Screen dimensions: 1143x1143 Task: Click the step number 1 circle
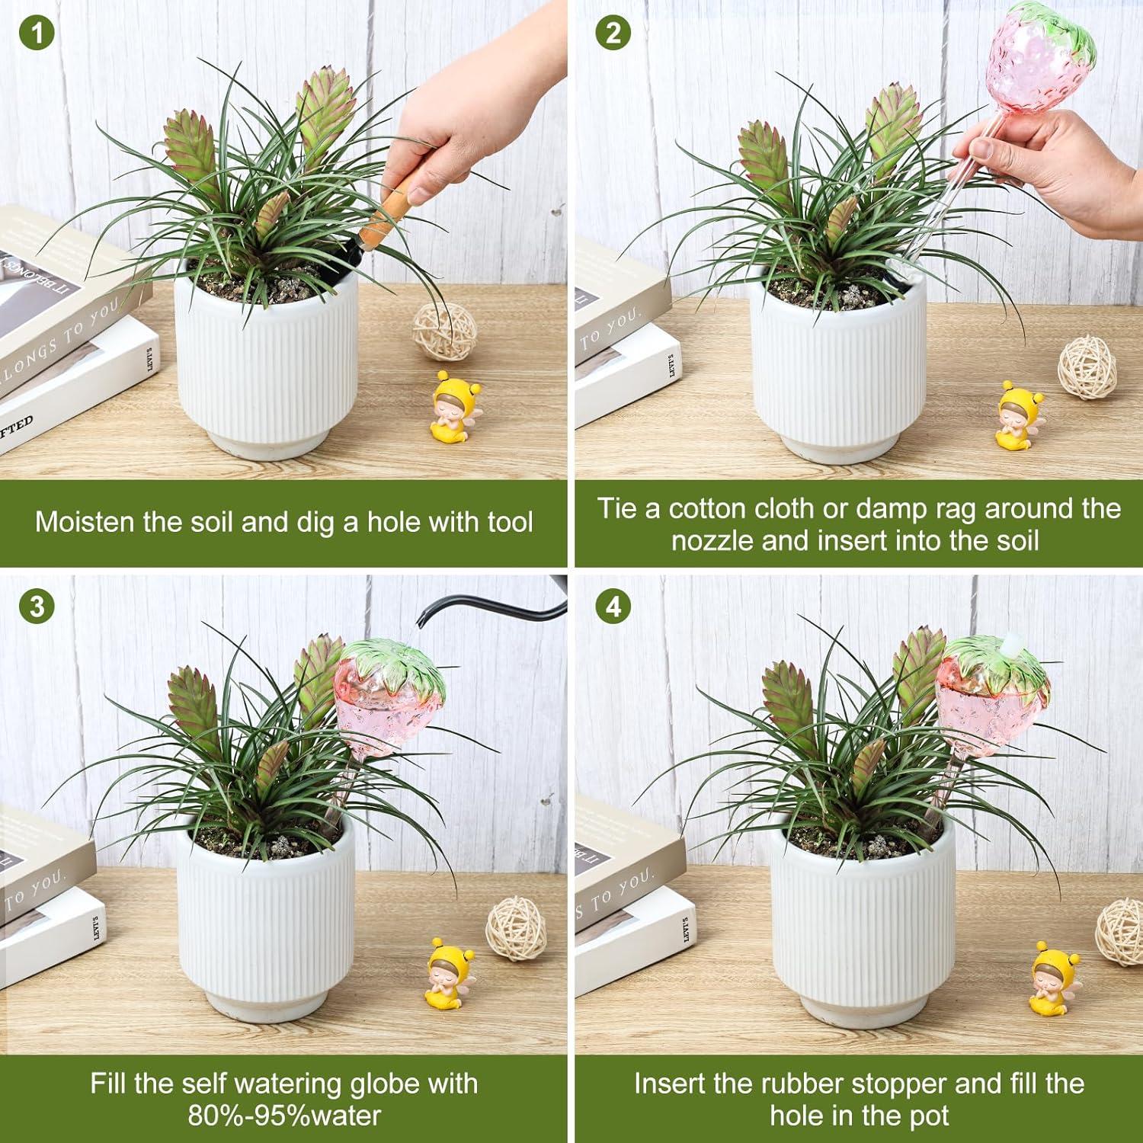coord(37,35)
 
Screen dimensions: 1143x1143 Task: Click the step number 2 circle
coord(613,35)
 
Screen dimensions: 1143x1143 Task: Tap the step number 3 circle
coord(37,607)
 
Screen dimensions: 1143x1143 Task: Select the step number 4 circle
coord(613,607)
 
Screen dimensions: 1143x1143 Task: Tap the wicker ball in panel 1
coord(445,331)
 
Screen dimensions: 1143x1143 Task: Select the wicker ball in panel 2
coord(1087,368)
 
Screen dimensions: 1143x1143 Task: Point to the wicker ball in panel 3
coord(516,928)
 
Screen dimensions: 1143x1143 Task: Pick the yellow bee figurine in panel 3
coord(448,975)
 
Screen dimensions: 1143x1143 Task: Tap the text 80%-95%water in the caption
coord(284,1116)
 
